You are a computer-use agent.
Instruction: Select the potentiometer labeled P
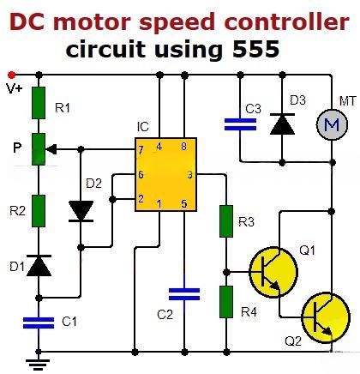(x=38, y=148)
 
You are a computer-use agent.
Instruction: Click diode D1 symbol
(x=38, y=267)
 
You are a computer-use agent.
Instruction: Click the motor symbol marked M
(x=330, y=126)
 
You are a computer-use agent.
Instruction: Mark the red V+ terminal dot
(x=11, y=75)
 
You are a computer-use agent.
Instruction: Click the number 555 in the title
(x=249, y=50)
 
